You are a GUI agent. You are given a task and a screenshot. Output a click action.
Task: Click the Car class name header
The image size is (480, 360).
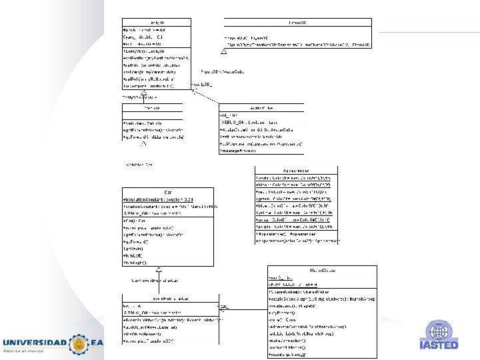(167, 192)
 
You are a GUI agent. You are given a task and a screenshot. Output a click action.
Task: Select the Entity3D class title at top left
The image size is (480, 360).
(157, 22)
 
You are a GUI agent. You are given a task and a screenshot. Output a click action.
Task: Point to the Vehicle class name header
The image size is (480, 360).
(151, 107)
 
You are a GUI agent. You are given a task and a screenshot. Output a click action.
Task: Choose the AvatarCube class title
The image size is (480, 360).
(261, 107)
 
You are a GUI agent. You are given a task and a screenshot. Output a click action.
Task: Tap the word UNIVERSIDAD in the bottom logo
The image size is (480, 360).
(34, 343)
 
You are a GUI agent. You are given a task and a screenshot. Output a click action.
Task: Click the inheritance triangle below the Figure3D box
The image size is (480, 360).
(224, 51)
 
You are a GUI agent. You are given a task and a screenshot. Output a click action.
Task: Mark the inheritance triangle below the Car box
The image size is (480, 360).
(159, 268)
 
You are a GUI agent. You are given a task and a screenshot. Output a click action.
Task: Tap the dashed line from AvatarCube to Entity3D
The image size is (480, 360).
(207, 95)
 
